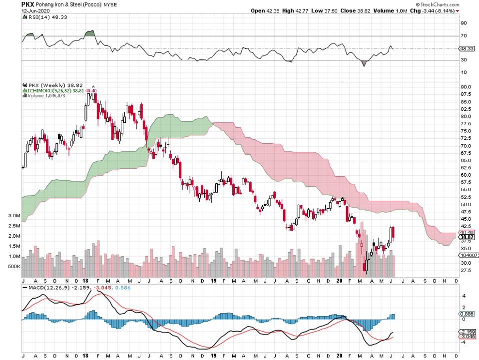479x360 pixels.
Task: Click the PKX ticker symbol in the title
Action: (x=28, y=3)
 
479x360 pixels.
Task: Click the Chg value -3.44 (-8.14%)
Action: (x=437, y=10)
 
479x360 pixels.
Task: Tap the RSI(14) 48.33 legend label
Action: (x=41, y=17)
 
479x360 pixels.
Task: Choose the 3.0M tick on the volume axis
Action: (x=14, y=216)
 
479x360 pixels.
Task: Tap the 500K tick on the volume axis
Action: (x=14, y=267)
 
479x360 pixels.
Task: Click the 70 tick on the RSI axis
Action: (x=464, y=35)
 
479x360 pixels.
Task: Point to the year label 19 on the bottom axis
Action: (x=214, y=281)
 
